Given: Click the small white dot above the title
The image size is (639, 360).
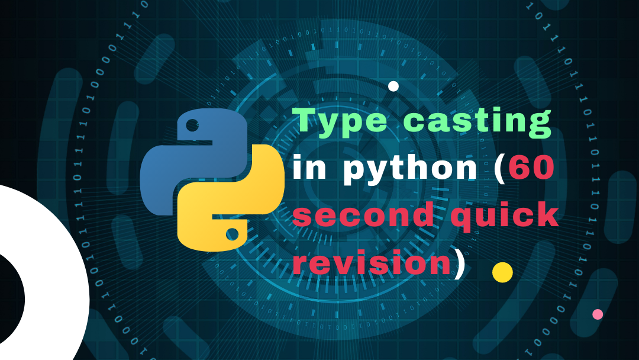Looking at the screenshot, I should point(393,86).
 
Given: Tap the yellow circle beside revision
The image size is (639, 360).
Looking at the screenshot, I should point(502,272).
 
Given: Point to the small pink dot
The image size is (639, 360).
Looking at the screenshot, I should point(598,314).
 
